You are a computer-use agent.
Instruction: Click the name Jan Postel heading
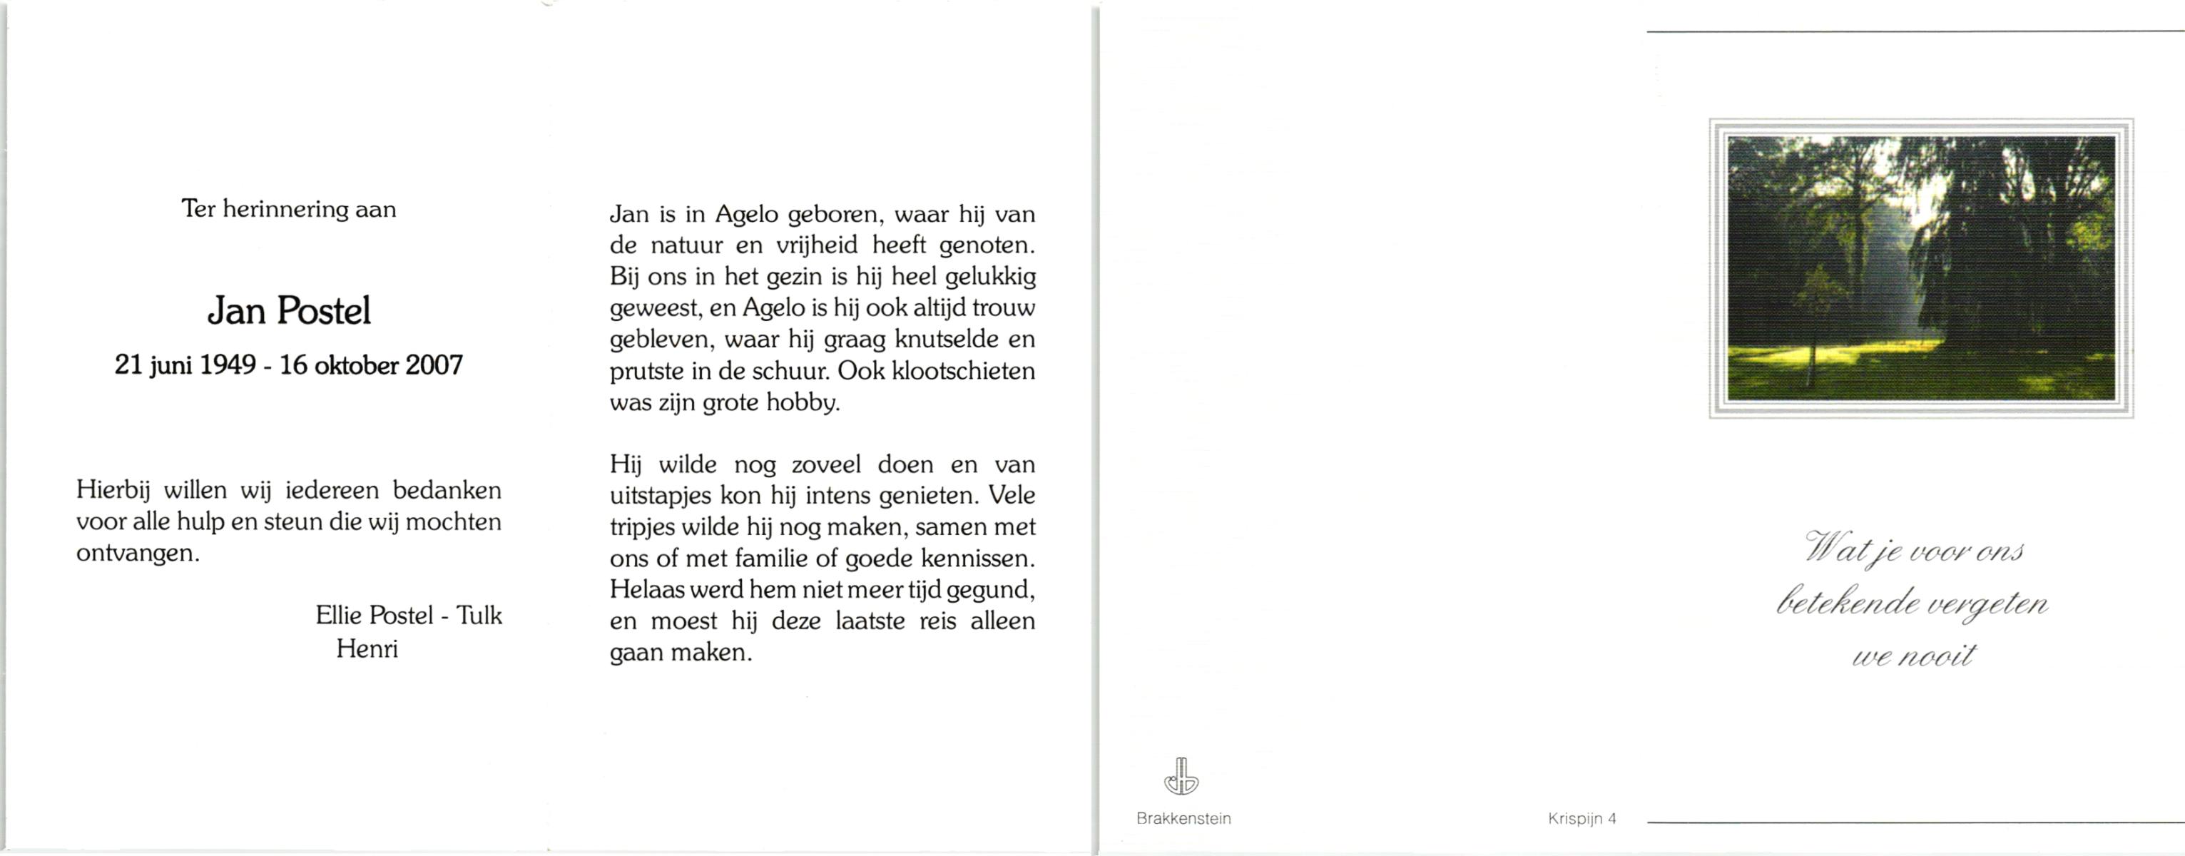click(x=289, y=311)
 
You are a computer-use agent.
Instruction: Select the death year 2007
click(x=434, y=366)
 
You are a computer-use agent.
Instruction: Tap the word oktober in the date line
click(x=356, y=366)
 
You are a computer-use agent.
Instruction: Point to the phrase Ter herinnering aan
click(x=288, y=209)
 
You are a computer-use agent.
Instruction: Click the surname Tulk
click(x=479, y=615)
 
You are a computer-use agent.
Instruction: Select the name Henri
click(x=367, y=649)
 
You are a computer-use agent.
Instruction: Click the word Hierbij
click(x=113, y=490)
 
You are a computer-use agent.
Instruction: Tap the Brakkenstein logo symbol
click(x=1181, y=776)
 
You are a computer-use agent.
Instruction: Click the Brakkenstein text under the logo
click(x=1183, y=819)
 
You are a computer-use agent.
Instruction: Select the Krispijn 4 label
click(x=1582, y=819)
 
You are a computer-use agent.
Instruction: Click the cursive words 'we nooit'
click(x=1914, y=656)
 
